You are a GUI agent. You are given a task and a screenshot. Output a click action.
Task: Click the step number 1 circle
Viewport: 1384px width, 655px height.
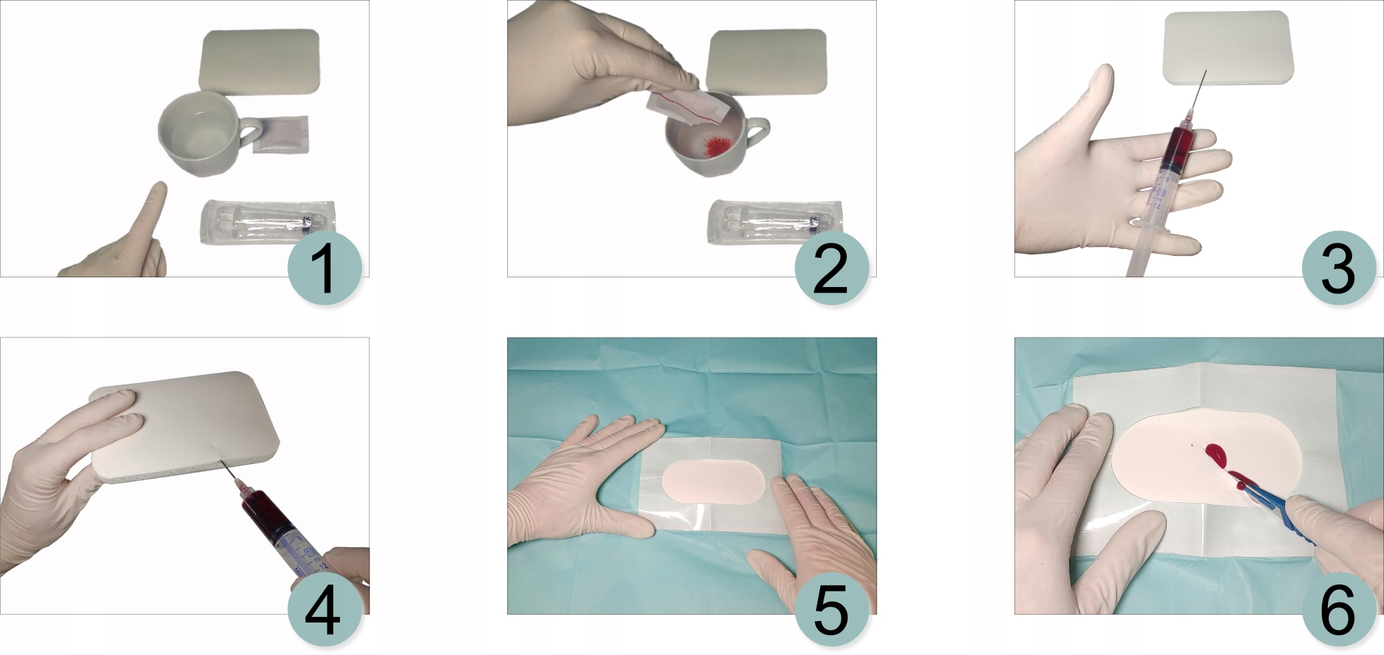click(x=325, y=268)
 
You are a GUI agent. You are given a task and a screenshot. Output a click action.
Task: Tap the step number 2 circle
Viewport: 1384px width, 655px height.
click(x=831, y=268)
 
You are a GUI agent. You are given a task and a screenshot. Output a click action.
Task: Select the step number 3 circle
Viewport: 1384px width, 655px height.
click(x=1338, y=268)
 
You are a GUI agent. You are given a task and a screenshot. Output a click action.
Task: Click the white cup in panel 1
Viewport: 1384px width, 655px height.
click(x=204, y=133)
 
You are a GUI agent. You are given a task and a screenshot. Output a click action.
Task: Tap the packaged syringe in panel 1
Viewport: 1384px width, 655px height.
click(x=268, y=222)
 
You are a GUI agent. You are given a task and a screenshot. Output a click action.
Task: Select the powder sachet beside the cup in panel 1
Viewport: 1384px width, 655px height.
click(x=281, y=134)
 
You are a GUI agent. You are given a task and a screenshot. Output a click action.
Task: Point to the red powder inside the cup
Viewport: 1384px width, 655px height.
click(x=717, y=145)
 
